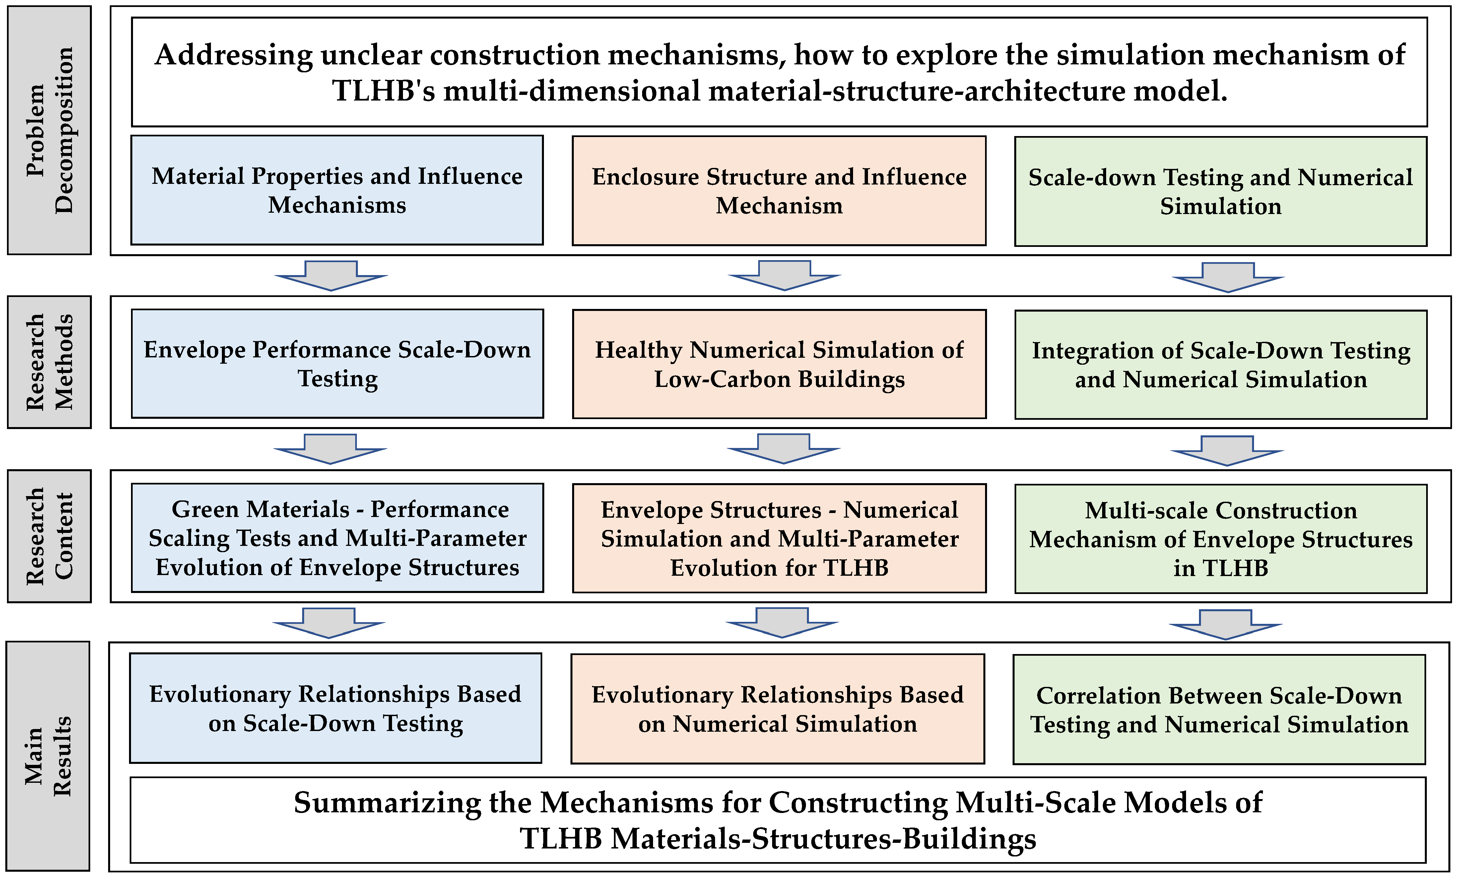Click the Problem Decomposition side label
49,130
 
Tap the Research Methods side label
49,362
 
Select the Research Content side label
49,536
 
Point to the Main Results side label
48,756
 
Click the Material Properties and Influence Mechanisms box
337,190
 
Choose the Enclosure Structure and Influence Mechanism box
779,191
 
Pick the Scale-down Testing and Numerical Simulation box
1221,191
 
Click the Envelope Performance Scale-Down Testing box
337,364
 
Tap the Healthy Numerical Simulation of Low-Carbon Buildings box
779,364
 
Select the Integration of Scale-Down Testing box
1221,365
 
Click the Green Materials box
337,538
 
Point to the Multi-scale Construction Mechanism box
1221,539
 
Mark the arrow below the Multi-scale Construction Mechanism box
1225,625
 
